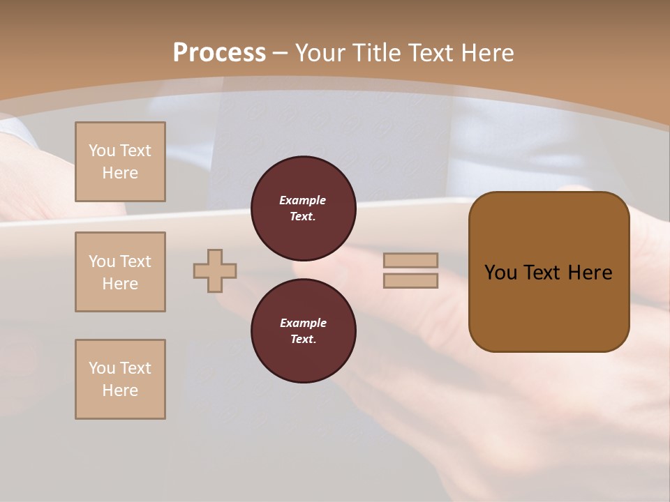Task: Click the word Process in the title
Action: click(x=219, y=53)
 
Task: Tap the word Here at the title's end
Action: click(x=486, y=53)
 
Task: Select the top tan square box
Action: click(x=120, y=162)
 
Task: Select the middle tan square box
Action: click(x=120, y=272)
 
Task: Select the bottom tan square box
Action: click(x=120, y=379)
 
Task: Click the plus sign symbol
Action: click(x=215, y=271)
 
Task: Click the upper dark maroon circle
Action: click(x=303, y=208)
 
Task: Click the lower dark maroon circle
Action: click(x=303, y=330)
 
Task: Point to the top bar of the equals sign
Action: click(x=410, y=260)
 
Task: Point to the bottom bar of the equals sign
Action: click(x=410, y=280)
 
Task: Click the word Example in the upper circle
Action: click(x=303, y=200)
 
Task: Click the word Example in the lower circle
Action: click(x=303, y=323)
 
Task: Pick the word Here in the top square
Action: click(x=120, y=173)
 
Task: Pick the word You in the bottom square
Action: click(x=102, y=368)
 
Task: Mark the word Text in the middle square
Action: click(x=135, y=261)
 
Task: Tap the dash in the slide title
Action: click(x=281, y=53)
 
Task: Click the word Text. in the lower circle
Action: click(x=303, y=340)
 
